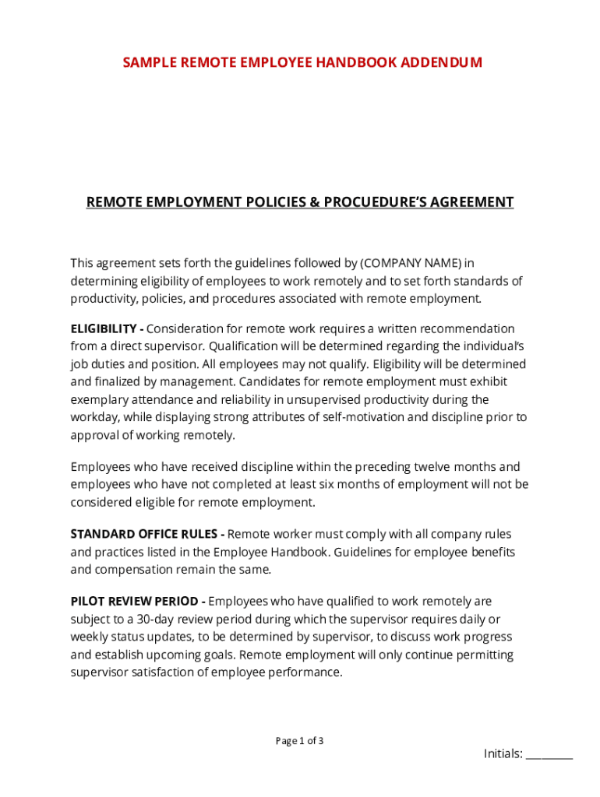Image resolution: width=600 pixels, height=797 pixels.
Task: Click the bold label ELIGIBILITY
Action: pos(104,328)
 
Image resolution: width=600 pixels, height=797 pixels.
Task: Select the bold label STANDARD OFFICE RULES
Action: pos(145,534)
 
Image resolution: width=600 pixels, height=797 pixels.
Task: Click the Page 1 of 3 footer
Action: pos(299,740)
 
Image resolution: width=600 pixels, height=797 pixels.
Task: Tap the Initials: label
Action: pos(503,753)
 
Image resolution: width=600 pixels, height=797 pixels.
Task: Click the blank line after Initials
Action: pos(549,754)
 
